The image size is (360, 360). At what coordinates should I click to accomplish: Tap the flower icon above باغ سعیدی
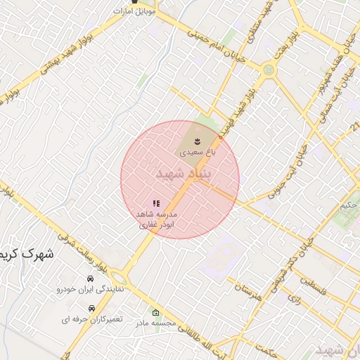(196, 142)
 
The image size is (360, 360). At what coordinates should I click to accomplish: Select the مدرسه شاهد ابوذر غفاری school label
(156, 219)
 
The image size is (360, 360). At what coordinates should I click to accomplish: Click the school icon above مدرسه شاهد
(156, 204)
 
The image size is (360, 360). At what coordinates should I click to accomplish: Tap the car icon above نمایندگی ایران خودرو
(90, 279)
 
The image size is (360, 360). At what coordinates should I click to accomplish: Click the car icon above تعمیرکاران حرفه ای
(91, 309)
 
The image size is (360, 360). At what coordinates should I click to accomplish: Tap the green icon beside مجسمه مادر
(156, 313)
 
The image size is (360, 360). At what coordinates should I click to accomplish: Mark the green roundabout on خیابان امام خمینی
(267, 70)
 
